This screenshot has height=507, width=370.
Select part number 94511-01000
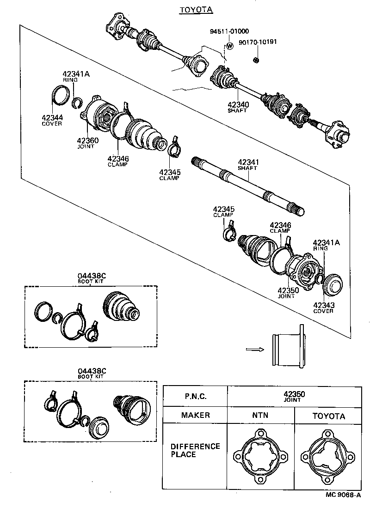click(229, 31)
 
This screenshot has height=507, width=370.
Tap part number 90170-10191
click(258, 42)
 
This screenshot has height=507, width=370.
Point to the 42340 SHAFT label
click(238, 107)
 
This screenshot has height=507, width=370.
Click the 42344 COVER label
click(52, 120)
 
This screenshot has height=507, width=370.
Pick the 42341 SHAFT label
click(248, 165)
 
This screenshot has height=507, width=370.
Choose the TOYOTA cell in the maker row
click(328, 416)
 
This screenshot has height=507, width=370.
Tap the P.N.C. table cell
click(195, 396)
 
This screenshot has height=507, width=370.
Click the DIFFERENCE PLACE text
click(189, 450)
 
